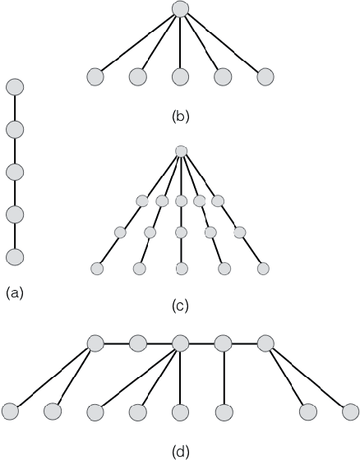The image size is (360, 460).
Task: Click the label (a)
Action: point(15,292)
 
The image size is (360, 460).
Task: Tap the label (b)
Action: point(181,116)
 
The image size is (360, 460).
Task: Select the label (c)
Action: point(181,306)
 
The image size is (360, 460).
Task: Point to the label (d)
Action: point(181,451)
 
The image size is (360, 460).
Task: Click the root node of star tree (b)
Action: point(181,10)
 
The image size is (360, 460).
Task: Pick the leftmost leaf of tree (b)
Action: point(95,77)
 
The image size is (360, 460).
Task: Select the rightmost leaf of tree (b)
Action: point(265,77)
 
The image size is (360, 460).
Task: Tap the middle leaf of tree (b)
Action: point(180,77)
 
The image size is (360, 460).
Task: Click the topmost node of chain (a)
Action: point(15,86)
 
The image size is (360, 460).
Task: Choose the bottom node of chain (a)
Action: point(15,256)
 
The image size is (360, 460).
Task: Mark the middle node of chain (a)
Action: point(15,172)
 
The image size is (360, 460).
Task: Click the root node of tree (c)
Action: point(182,151)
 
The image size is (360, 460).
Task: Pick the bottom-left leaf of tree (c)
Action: point(97,269)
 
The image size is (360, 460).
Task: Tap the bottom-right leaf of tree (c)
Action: point(263,269)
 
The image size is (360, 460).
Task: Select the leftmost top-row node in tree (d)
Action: point(95,343)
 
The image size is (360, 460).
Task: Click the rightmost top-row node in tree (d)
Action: point(265,343)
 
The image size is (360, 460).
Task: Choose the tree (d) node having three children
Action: point(180,343)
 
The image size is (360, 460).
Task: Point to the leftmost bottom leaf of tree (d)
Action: point(11,410)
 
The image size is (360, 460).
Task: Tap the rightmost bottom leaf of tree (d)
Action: point(349,410)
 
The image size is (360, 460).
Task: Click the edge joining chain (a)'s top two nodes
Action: point(15,108)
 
